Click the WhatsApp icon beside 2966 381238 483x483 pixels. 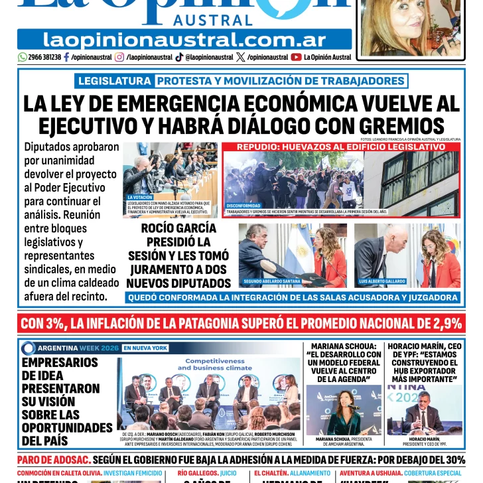(23, 57)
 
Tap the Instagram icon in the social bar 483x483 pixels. (119, 57)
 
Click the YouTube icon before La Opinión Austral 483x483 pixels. (296, 57)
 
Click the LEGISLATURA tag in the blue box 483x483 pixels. (114, 81)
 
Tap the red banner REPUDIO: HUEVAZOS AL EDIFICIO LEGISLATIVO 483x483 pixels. (341, 147)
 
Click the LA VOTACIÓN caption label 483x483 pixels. (140, 198)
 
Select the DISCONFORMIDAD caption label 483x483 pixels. (243, 206)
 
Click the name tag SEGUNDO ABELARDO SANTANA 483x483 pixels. (272, 281)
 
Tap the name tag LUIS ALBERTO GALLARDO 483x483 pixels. (383, 281)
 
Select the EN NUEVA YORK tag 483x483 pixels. (145, 348)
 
